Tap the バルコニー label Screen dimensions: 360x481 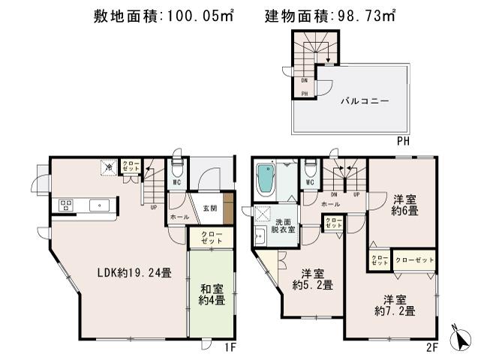click(365, 100)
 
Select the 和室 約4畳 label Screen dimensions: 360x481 click(211, 292)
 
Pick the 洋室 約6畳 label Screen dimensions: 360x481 click(404, 205)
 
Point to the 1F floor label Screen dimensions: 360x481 click(231, 347)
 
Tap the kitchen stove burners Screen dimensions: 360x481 click(65, 204)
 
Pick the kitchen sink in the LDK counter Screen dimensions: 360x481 click(98, 204)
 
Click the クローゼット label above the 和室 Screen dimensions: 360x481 click(211, 238)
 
